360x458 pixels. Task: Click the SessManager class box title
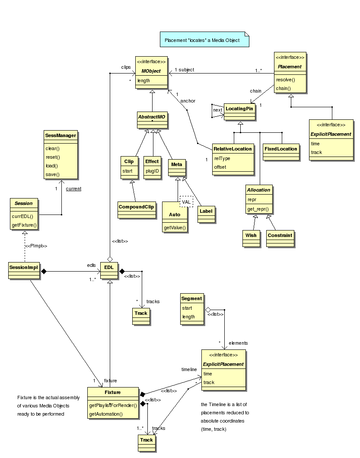61,135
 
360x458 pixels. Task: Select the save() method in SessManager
52,174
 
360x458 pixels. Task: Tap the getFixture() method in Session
24,225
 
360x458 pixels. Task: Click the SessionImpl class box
24,267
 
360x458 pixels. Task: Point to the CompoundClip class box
137,207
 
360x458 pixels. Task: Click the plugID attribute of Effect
152,170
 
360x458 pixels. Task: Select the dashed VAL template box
186,202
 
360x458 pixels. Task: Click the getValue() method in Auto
175,227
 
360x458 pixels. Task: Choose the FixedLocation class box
281,149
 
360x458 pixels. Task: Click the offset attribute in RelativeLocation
220,167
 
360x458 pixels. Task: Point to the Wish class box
251,235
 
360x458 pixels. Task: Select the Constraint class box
280,235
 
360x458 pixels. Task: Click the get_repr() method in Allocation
258,209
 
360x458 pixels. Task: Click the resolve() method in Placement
285,80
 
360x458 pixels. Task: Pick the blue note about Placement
205,40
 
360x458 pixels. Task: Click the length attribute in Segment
188,317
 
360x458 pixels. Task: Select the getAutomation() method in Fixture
106,414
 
